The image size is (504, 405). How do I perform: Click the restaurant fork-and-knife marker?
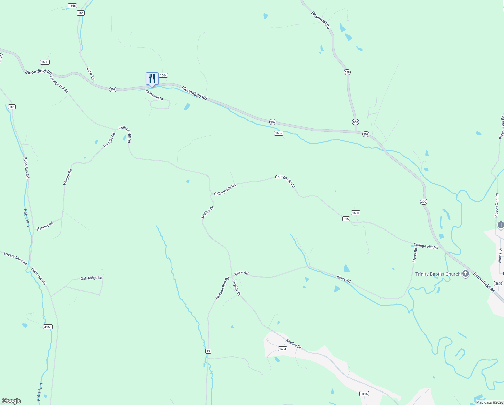pyautogui.click(x=152, y=79)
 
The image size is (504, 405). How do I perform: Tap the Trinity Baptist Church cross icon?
pyautogui.click(x=466, y=274)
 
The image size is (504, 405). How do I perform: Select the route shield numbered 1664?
pyautogui.click(x=163, y=75)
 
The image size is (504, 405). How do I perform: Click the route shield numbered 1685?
pyautogui.click(x=278, y=133)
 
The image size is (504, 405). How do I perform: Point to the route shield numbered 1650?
pyautogui.click(x=45, y=62)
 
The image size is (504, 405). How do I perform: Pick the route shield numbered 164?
pyautogui.click(x=12, y=107)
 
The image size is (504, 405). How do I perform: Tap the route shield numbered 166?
pyautogui.click(x=80, y=13)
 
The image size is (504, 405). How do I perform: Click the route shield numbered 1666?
pyautogui.click(x=72, y=6)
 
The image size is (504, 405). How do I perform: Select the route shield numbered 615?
pyautogui.click(x=346, y=219)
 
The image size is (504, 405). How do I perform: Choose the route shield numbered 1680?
pyautogui.click(x=356, y=213)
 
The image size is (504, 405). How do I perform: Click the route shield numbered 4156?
pyautogui.click(x=48, y=327)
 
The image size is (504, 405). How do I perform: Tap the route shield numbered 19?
pyautogui.click(x=208, y=351)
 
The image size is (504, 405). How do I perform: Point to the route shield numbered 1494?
pyautogui.click(x=283, y=349)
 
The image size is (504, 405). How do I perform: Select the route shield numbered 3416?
pyautogui.click(x=364, y=394)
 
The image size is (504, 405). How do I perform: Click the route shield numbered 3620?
pyautogui.click(x=499, y=283)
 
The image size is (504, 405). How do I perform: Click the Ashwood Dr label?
pyautogui.click(x=154, y=95)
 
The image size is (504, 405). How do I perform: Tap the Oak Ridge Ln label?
pyautogui.click(x=91, y=278)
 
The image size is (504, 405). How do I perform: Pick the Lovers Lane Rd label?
pyautogui.click(x=15, y=259)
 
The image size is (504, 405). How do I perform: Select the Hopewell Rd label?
pyautogui.click(x=321, y=20)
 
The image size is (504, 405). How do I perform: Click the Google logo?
pyautogui.click(x=11, y=401)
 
